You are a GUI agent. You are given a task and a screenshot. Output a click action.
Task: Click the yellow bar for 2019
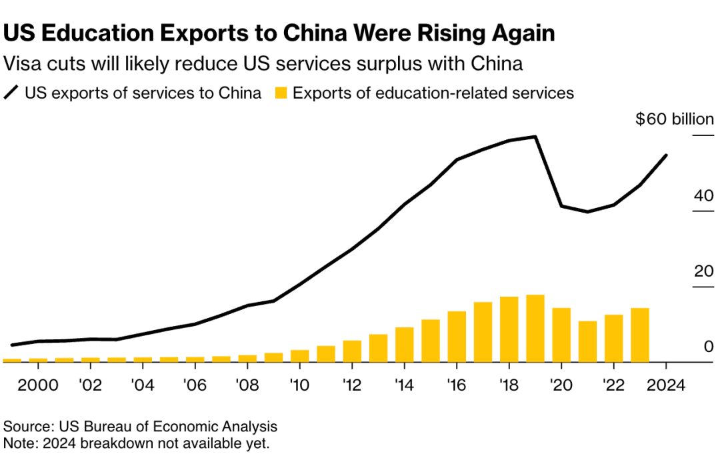coord(535,329)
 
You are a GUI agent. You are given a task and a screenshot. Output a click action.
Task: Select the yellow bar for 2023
coord(640,335)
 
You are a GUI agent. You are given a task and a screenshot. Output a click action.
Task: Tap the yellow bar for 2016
coord(457,337)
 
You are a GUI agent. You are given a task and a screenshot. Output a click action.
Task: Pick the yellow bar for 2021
coord(587,342)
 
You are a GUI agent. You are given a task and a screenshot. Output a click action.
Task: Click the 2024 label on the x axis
coord(666,387)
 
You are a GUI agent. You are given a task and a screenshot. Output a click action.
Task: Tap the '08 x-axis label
coord(247,387)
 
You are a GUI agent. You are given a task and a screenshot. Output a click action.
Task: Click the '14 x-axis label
coord(404,387)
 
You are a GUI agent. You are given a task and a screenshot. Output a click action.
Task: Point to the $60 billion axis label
coord(674,120)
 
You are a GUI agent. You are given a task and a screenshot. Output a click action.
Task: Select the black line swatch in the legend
coord(12,93)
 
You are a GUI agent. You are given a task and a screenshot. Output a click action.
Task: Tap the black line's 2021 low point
coord(587,212)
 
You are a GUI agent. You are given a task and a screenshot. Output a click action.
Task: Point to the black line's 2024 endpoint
coord(666,155)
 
